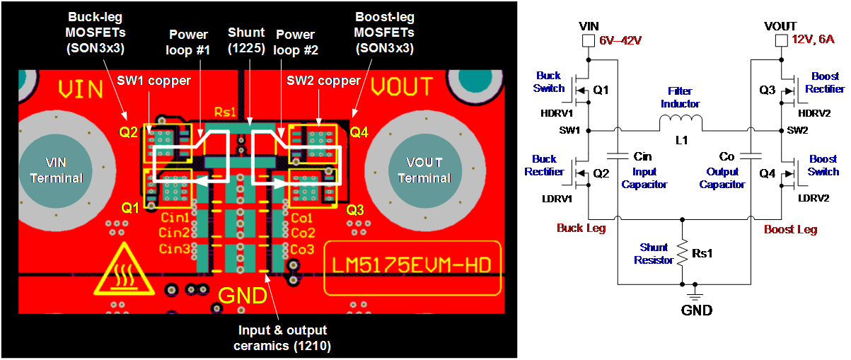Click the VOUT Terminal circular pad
[424, 170]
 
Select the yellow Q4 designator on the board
[359, 132]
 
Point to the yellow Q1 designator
[129, 208]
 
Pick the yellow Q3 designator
[355, 209]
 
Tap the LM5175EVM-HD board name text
[412, 267]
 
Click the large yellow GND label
[243, 295]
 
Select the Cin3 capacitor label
[174, 249]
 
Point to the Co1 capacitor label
[302, 218]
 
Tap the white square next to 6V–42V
[588, 42]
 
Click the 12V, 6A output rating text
[814, 40]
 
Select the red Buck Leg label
[581, 228]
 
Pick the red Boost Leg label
[790, 229]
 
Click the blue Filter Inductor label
[680, 98]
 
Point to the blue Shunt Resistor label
[654, 254]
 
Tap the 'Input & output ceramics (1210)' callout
[282, 338]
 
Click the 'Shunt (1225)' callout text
[246, 40]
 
